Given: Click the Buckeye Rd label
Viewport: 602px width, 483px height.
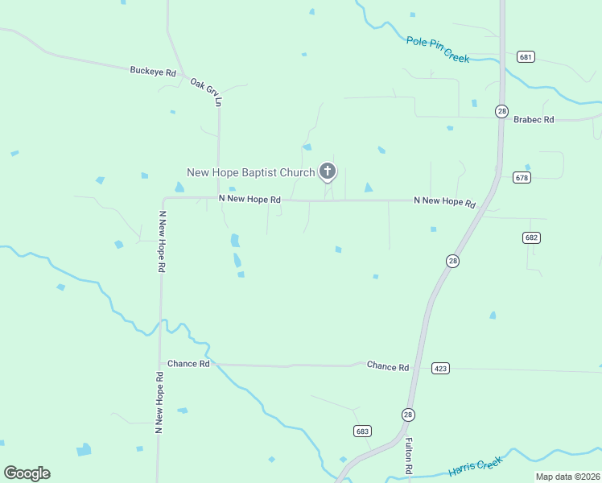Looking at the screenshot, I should pos(153,72).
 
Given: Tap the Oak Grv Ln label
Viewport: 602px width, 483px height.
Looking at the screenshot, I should pos(205,92).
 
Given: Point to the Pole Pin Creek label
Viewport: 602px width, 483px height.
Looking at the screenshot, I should pos(438,49).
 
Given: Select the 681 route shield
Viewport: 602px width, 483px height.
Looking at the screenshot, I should pos(526,57).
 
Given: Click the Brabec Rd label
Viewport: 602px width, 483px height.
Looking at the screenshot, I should pos(534,119).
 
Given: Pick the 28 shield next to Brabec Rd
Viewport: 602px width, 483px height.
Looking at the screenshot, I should pos(501,111).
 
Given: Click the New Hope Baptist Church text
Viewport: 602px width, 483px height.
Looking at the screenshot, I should pos(251,172).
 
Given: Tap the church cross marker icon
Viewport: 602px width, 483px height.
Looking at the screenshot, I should pos(327,171).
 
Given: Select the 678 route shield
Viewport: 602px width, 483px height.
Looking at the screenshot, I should pos(522,177).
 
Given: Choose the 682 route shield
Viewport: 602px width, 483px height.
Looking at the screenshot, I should pos(530,237).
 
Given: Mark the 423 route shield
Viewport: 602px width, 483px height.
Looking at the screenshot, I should pos(440,368).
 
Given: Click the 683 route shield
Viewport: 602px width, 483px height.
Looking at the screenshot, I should pos(362,431).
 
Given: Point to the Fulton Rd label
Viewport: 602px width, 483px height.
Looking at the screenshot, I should pos(409,456).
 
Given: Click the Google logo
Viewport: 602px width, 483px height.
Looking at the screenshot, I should pos(27,473).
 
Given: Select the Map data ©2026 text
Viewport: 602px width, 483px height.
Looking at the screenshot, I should pos(567,477).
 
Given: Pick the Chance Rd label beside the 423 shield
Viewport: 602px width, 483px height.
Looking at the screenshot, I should pos(388,366).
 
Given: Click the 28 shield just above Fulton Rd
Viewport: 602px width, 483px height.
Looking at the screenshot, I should pos(408,414).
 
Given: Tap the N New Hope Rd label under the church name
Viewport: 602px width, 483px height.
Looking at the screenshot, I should pos(249,199).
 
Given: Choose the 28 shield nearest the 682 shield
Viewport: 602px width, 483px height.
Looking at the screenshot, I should pos(453,261).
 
